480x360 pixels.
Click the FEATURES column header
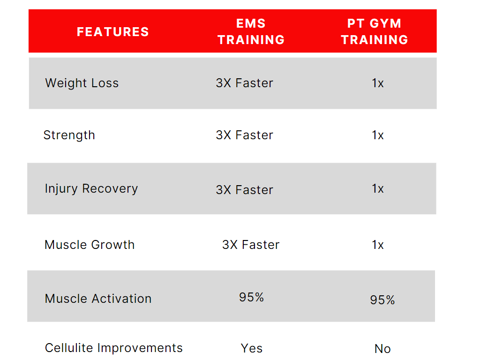point(112,32)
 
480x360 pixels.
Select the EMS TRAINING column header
point(251,32)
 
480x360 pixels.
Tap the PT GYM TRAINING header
point(375,32)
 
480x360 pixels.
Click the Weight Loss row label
point(82,83)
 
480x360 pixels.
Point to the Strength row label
point(69,135)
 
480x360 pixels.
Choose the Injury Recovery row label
point(91,189)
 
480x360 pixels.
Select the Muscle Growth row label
point(90,245)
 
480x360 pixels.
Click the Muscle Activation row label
point(98,299)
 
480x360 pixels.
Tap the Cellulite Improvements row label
point(114,348)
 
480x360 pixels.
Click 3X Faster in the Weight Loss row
point(244,83)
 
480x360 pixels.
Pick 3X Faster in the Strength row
point(244,135)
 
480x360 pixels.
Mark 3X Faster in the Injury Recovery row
point(244,190)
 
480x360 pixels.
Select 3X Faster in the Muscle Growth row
point(251,245)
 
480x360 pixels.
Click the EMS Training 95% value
point(251,297)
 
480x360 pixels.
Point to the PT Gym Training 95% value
point(382,300)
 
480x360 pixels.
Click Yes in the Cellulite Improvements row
point(252,349)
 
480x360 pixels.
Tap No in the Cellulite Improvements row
point(382,349)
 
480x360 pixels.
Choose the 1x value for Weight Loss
point(378,83)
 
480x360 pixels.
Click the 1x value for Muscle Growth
point(378,245)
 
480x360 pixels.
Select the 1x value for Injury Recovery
point(378,189)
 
